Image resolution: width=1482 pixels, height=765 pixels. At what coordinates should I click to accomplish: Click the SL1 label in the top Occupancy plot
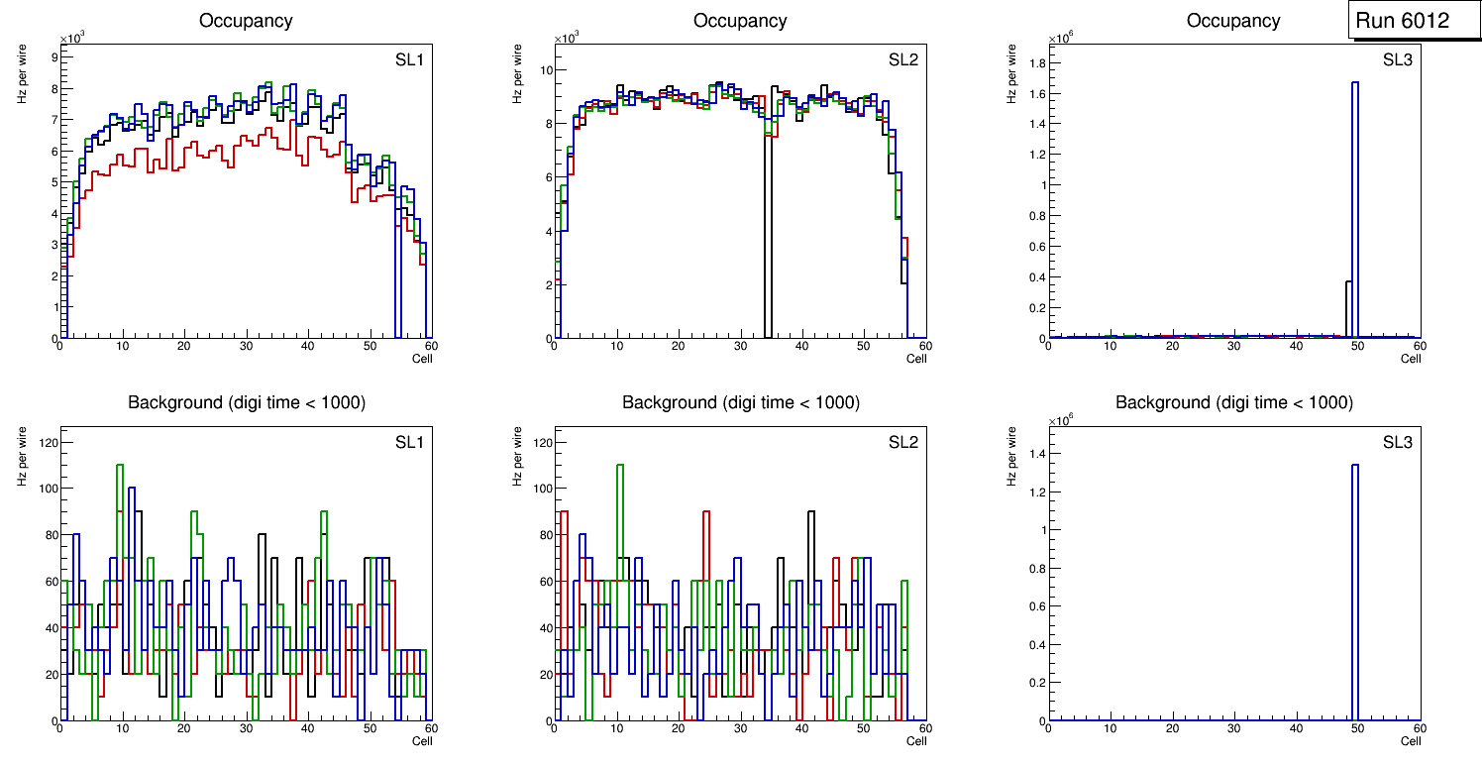pyautogui.click(x=409, y=59)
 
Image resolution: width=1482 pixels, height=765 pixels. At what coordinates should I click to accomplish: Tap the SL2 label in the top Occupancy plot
pyautogui.click(x=902, y=59)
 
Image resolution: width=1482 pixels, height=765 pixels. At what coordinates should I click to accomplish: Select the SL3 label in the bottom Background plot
pyautogui.click(x=1397, y=441)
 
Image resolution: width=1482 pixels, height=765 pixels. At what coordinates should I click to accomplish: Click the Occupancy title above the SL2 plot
pyautogui.click(x=740, y=20)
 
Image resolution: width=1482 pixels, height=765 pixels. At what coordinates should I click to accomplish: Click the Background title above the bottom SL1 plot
pyautogui.click(x=247, y=402)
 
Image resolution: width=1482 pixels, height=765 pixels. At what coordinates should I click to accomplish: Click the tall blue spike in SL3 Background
pyautogui.click(x=1354, y=595)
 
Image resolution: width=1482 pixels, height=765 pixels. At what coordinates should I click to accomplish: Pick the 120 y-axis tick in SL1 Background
pyautogui.click(x=45, y=441)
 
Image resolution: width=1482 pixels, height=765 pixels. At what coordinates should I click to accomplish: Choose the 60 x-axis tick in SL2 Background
pyautogui.click(x=923, y=729)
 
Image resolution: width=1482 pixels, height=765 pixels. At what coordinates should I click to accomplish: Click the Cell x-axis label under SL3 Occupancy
pyautogui.click(x=1411, y=359)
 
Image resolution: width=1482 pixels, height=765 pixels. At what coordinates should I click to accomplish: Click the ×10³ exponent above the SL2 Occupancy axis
pyautogui.click(x=566, y=39)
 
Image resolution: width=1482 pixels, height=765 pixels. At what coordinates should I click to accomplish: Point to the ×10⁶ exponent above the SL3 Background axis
pyautogui.click(x=1060, y=420)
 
